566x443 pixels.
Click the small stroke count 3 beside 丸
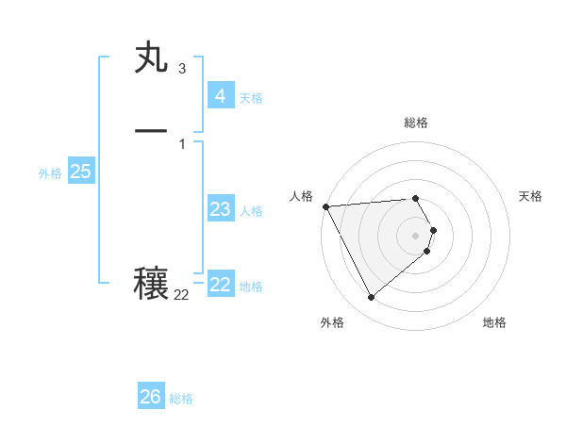click(x=181, y=69)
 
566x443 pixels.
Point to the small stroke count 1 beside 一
click(x=181, y=143)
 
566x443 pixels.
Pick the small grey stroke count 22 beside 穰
click(x=181, y=295)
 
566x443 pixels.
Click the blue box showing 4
click(x=220, y=96)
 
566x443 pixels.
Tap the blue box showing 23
click(x=220, y=209)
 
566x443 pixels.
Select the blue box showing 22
click(x=220, y=285)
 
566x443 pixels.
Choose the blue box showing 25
click(x=80, y=172)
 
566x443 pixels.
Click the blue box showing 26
click(x=150, y=397)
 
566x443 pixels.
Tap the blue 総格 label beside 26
click(x=181, y=399)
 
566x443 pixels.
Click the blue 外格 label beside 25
click(x=50, y=173)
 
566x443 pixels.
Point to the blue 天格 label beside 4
click(x=251, y=98)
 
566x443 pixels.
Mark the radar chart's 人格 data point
click(x=325, y=206)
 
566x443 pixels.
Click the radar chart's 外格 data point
click(x=371, y=298)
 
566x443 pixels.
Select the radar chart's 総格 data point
click(x=415, y=198)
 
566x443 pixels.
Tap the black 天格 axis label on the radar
click(x=530, y=196)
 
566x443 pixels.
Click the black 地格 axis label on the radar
click(x=494, y=322)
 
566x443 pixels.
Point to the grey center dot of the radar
click(x=415, y=235)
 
